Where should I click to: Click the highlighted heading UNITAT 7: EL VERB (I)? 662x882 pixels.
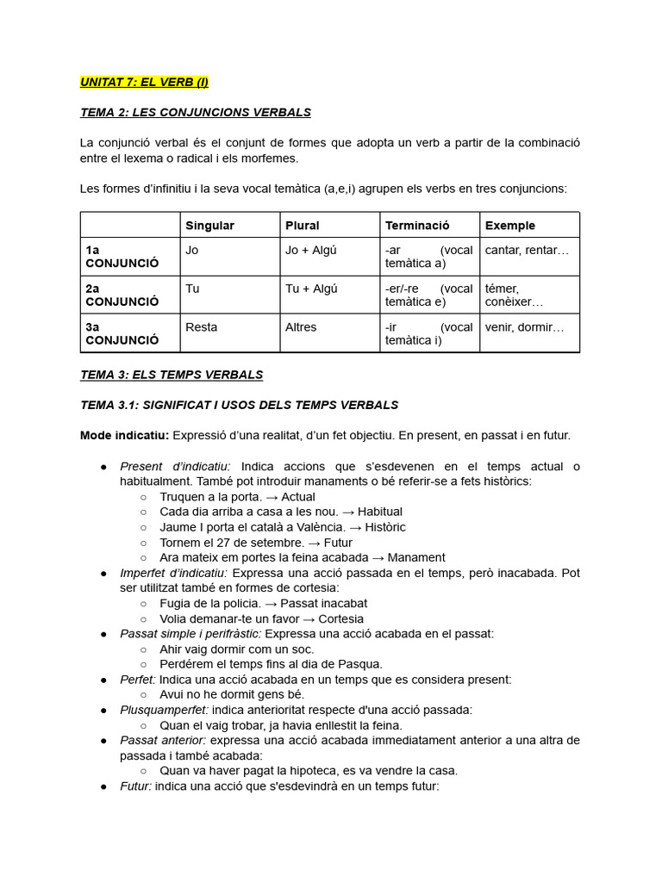144,83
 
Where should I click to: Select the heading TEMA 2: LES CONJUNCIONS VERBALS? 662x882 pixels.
196,112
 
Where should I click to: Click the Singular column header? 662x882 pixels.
209,226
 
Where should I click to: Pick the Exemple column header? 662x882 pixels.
510,226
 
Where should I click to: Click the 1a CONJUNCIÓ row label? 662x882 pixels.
122,257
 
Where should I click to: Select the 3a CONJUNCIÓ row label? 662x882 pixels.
122,333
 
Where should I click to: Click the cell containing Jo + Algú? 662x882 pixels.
310,250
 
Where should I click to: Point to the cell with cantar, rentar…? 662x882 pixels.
527,250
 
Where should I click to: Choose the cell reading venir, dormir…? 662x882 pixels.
524,327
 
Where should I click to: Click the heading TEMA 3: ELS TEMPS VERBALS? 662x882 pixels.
172,375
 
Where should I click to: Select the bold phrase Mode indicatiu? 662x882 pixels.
124,436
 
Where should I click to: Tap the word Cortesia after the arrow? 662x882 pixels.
340,618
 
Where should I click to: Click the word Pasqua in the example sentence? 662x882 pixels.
362,664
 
